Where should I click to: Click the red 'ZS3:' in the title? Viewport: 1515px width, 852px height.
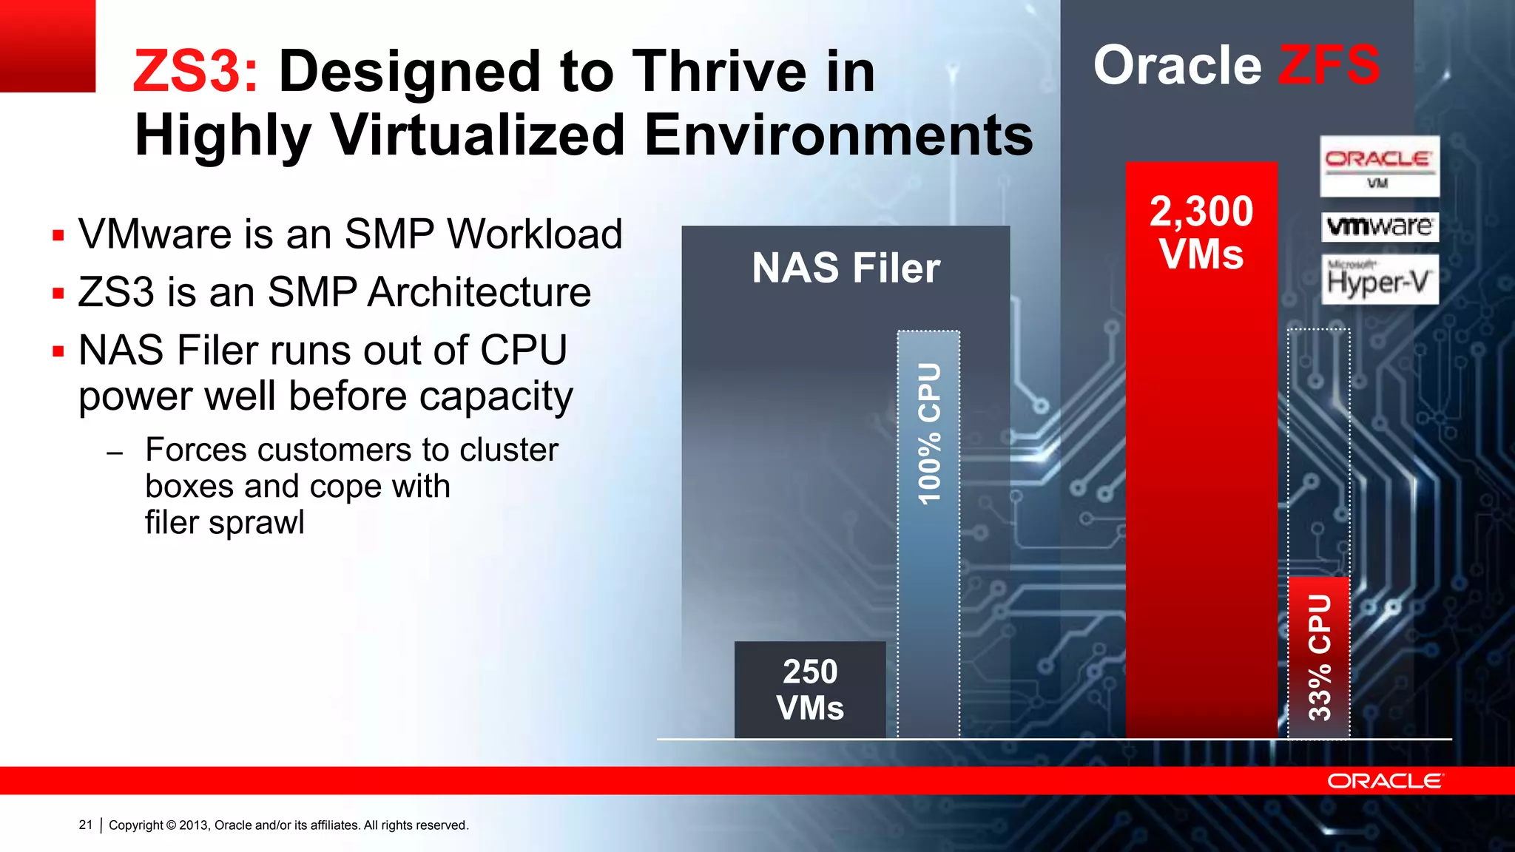(195, 72)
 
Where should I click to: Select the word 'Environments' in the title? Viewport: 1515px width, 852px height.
(838, 135)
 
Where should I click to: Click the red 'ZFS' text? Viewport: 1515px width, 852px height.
(1329, 65)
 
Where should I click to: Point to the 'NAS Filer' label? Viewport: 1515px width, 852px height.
(846, 268)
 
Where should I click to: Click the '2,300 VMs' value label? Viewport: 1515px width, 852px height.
(1201, 232)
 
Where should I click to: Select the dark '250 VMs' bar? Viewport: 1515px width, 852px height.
(810, 689)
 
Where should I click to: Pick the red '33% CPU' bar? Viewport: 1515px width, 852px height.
(1319, 657)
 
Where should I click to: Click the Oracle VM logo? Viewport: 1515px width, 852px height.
(1380, 166)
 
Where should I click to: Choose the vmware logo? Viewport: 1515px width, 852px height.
(1380, 226)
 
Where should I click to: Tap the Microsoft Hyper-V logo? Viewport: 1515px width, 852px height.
(1380, 280)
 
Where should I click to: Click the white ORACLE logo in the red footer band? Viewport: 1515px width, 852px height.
(1384, 781)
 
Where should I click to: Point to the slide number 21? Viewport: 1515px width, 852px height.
(86, 825)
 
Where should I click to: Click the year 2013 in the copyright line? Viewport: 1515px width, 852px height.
(194, 825)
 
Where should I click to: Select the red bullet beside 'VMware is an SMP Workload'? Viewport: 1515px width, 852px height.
(58, 236)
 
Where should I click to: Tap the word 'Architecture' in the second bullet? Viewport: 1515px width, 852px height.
(479, 292)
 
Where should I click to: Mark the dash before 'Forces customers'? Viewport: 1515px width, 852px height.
(115, 453)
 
